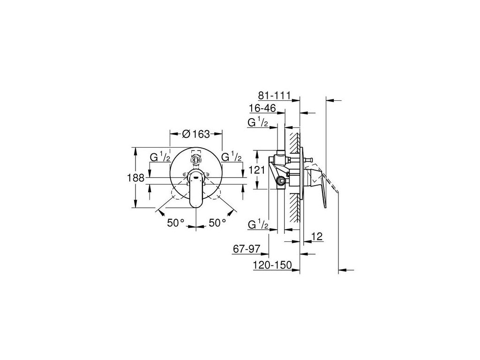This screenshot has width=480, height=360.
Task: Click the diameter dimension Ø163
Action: pos(196,134)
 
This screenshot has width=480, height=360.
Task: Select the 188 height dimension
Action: pos(135,178)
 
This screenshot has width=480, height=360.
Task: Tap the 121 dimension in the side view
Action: pos(256,169)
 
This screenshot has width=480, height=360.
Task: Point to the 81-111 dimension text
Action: pos(274,96)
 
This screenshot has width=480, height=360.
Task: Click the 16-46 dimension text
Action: pos(262,108)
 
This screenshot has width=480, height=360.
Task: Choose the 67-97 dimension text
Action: pos(246,249)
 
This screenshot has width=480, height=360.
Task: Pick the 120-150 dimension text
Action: pos(272,265)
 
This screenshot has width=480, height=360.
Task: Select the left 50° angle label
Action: pos(176,223)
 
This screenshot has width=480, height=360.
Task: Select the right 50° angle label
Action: pos(217,223)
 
